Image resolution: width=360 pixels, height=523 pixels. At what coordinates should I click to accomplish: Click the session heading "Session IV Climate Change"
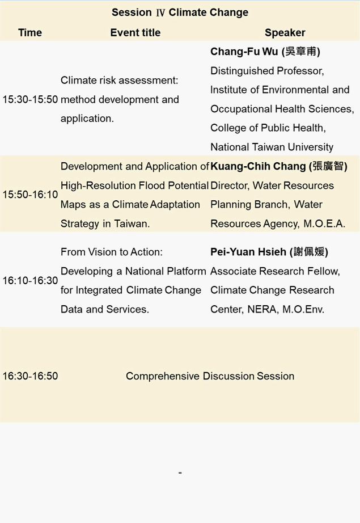click(x=180, y=12)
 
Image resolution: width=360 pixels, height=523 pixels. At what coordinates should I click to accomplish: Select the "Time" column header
click(x=30, y=33)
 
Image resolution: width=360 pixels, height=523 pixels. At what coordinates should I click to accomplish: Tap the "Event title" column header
click(x=135, y=33)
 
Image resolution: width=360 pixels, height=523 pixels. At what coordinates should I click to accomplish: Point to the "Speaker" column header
click(x=285, y=33)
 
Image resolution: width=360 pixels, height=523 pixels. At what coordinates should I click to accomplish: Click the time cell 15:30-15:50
click(x=31, y=99)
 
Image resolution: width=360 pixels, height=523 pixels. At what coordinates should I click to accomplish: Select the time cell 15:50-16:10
click(x=31, y=195)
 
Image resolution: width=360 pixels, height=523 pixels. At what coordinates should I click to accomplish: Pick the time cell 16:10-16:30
click(x=31, y=281)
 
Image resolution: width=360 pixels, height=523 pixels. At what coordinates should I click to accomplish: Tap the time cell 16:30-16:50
click(x=31, y=376)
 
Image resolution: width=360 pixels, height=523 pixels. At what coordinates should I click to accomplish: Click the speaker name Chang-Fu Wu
click(x=244, y=52)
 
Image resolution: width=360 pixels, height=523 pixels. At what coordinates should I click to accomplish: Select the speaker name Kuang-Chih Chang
click(x=258, y=166)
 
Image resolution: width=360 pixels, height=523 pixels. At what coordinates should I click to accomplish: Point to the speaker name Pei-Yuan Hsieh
click(x=248, y=252)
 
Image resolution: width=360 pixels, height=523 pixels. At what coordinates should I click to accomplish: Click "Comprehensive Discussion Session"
click(x=210, y=376)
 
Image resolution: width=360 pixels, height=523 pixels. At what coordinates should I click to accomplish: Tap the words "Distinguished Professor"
click(x=266, y=71)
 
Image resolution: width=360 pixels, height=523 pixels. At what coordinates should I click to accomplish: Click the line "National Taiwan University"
click(x=272, y=147)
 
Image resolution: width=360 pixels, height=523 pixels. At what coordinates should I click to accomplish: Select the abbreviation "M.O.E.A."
click(x=324, y=223)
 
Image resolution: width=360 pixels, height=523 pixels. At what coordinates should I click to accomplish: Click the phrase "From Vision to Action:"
click(x=112, y=252)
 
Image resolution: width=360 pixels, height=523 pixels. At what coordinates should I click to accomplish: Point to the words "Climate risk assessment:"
click(x=119, y=81)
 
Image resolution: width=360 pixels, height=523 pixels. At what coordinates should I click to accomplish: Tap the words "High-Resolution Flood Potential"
click(x=134, y=185)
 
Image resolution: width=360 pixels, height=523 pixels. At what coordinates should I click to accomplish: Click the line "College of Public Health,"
click(x=268, y=128)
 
